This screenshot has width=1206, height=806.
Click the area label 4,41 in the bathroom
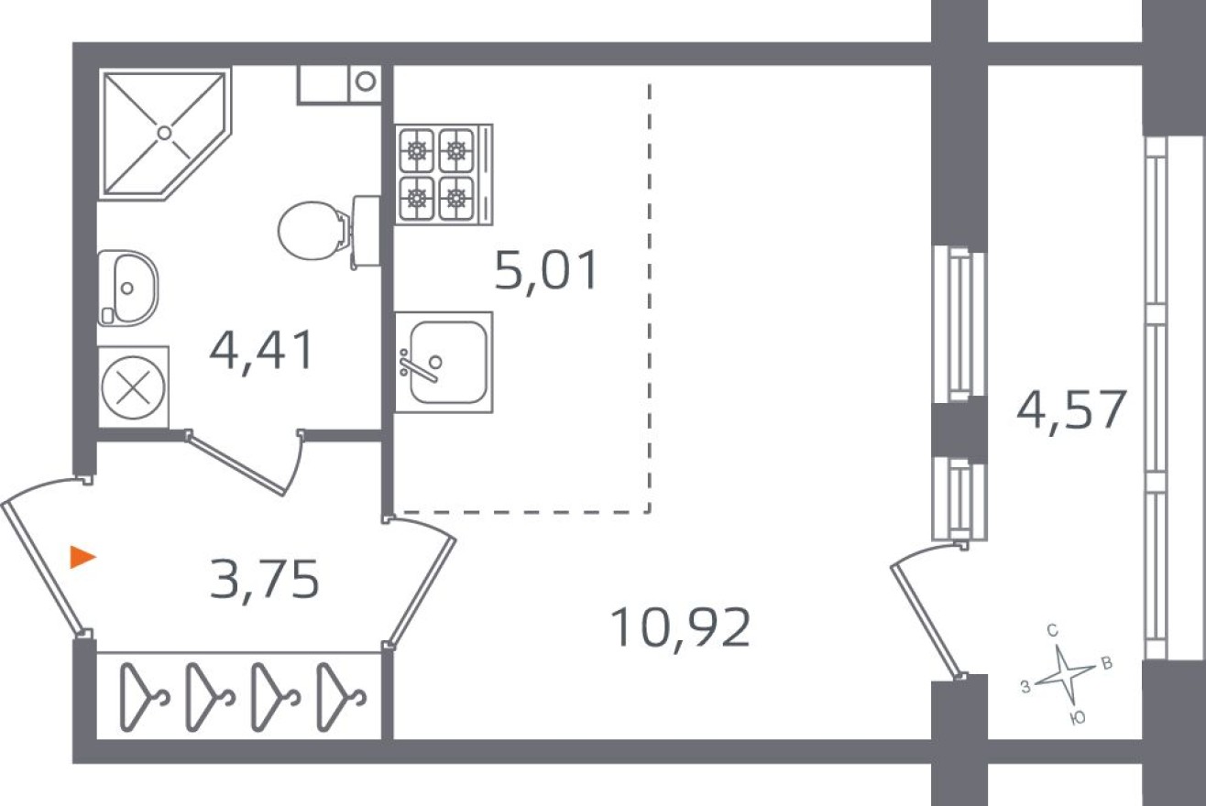pos(261,351)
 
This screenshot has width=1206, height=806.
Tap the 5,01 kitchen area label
pos(546,271)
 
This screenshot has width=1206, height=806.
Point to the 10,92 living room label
pos(679,629)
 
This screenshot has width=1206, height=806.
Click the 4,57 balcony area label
pos(1070,410)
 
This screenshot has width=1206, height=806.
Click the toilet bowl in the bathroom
pos(310,230)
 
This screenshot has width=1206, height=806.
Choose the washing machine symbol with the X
pos(134,387)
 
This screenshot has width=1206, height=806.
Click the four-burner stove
pos(436,174)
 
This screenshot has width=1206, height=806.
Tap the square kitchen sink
pos(444,361)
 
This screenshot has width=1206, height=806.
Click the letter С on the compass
pos(1053,630)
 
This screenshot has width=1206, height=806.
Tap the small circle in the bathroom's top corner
pos(366,81)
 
